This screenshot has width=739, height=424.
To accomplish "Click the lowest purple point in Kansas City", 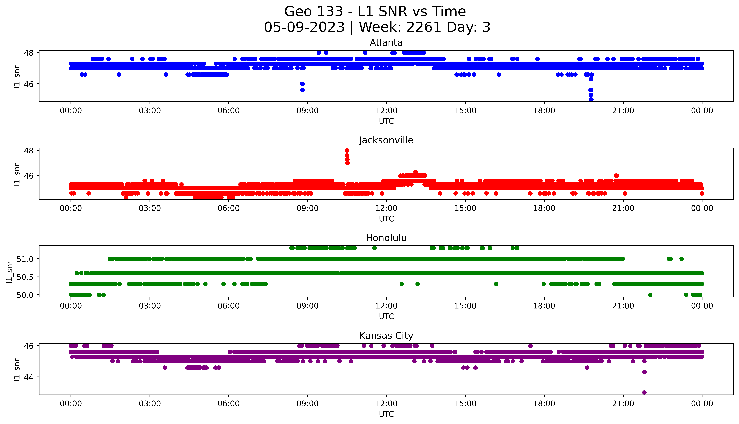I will click(644, 393).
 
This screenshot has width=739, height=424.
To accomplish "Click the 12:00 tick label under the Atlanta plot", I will click(386, 111).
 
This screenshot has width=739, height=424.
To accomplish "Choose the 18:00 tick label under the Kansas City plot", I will click(544, 404).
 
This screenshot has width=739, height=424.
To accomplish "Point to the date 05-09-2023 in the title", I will click(304, 27).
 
